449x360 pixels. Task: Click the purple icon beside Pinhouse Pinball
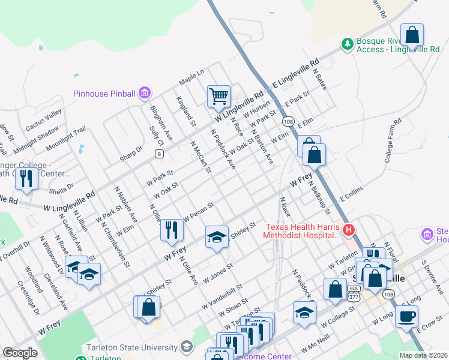[144, 93]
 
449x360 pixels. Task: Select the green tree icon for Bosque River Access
[347, 44]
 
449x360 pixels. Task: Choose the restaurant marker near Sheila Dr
[26, 178]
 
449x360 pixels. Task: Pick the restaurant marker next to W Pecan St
[172, 229]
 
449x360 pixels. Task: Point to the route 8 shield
[159, 154]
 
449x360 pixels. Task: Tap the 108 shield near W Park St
[288, 120]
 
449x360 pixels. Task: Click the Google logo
[20, 353]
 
